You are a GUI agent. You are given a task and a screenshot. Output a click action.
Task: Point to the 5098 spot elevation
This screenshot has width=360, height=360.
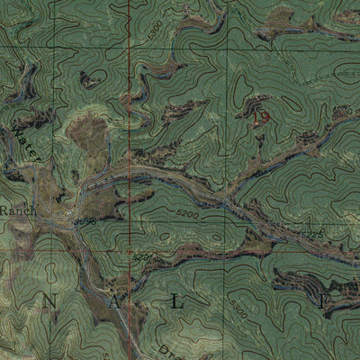(x=85, y=221)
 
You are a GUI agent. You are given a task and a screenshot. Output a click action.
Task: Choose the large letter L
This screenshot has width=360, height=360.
(x=176, y=303)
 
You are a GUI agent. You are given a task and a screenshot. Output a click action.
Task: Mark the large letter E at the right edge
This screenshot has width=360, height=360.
(x=325, y=303)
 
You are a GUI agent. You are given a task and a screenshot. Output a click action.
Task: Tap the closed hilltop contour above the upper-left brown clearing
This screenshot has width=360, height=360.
(x=88, y=80)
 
